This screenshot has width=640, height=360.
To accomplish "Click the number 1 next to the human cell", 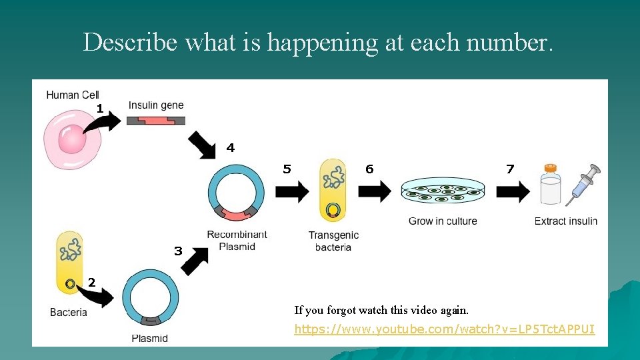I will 99,108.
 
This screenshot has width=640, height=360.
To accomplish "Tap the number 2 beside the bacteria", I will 92,283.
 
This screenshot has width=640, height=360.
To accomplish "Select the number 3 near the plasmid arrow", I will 178,251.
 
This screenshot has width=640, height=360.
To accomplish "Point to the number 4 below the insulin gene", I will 231,148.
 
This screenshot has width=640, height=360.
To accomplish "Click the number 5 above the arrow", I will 287,169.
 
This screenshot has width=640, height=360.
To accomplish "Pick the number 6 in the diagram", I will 369,169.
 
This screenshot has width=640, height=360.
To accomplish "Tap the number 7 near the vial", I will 510,169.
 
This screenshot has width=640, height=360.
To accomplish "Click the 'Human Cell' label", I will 73,95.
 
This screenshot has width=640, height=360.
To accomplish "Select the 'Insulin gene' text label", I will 156,105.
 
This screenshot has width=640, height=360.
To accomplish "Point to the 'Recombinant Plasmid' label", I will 237,241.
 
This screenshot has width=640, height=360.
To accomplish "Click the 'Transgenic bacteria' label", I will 333,241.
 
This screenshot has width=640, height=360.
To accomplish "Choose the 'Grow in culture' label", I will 443,221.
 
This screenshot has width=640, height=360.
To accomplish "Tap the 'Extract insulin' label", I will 566,221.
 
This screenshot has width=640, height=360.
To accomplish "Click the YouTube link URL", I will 445,329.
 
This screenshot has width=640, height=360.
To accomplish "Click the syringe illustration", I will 583,183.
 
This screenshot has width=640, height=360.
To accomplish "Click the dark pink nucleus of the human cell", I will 72,141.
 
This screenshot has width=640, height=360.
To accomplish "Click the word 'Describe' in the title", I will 130,42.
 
